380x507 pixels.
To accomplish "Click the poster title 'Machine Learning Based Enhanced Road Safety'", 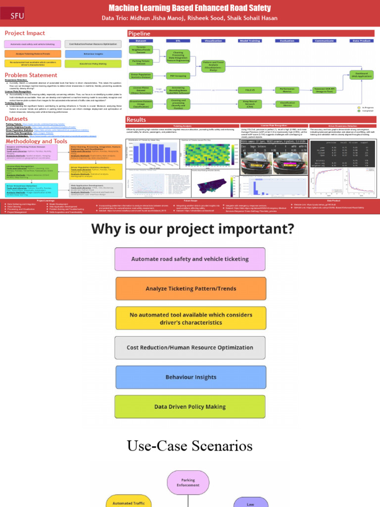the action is (190, 8).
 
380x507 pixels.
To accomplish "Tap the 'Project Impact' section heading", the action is (25, 33).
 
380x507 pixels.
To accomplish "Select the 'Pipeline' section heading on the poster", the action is (139, 33).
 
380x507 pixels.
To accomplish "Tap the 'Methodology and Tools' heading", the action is (36, 141).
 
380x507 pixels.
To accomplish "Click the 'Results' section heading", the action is (137, 120).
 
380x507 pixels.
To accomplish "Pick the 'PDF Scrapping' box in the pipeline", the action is (178, 76).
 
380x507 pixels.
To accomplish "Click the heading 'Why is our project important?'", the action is (192, 229).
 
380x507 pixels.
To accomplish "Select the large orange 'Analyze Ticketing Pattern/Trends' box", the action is (190, 289).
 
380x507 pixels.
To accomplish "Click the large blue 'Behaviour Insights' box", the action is (190, 377).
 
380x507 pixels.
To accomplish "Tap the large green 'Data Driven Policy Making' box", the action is (190, 406).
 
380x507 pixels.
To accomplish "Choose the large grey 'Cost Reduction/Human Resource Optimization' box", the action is (190, 348).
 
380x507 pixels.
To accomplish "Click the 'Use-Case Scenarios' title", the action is (190, 446).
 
